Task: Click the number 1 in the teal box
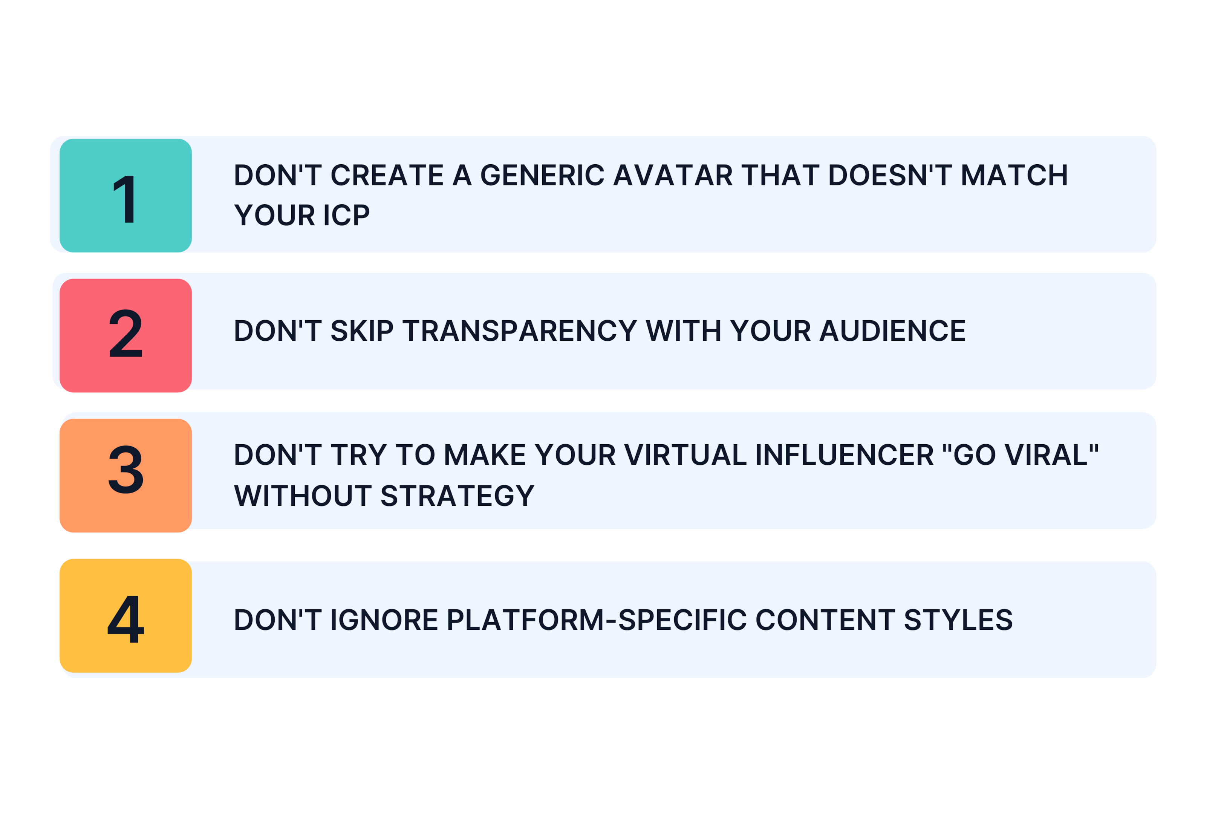tap(125, 199)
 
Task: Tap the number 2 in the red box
tap(125, 333)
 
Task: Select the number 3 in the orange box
tap(125, 469)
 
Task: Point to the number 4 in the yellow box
tap(125, 619)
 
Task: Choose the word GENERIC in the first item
tap(543, 176)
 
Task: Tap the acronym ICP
tap(346, 216)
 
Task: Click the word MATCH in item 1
tap(1014, 176)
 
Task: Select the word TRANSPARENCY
tap(519, 331)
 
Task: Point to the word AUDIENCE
tap(892, 331)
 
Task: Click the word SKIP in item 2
tap(362, 331)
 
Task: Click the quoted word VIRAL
tap(1051, 455)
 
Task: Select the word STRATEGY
tap(457, 496)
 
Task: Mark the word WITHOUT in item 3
tap(303, 496)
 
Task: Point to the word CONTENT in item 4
tap(825, 620)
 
